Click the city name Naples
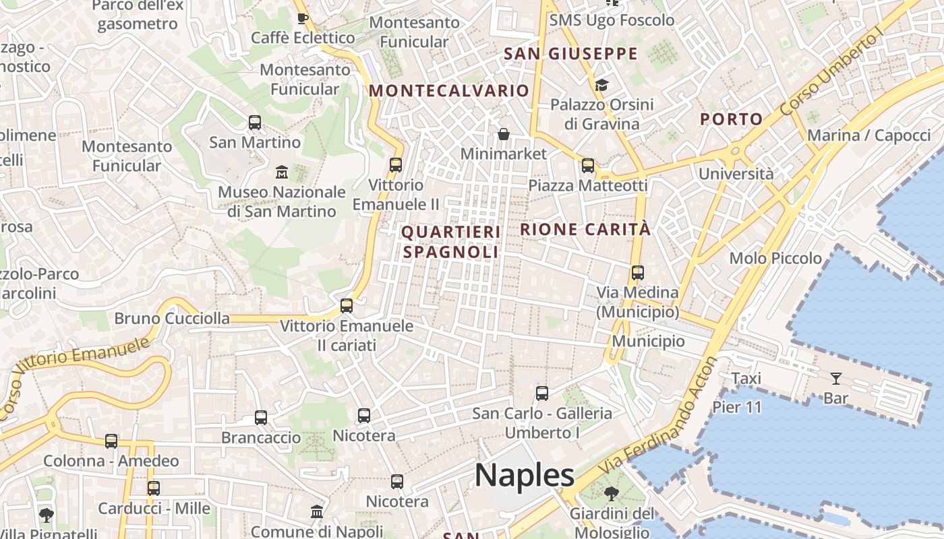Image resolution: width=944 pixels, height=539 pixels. pos(525,475)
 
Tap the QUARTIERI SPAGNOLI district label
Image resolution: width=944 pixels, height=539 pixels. pos(451,242)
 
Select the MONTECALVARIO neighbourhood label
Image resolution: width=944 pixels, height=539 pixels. pos(449,90)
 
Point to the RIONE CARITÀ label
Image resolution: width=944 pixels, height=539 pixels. pos(585,229)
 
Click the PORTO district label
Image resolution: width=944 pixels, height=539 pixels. pos(731,119)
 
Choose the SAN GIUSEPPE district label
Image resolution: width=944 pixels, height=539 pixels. pos(570,54)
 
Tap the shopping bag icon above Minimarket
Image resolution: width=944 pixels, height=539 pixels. pos(503,134)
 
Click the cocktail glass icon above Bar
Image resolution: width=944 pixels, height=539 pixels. pos(836,378)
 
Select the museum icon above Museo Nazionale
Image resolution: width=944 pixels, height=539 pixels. pos(282,172)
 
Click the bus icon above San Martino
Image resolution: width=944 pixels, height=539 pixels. pos(255,123)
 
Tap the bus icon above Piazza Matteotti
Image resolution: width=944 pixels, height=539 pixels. pos(588,165)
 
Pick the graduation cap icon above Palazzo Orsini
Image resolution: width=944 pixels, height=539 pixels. pos(601,85)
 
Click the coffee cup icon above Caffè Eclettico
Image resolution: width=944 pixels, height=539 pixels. pos(302,18)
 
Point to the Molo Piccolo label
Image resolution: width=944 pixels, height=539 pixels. pos(775,258)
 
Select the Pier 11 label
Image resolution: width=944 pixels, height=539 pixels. pos(737,407)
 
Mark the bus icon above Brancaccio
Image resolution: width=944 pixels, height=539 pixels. pos(261,418)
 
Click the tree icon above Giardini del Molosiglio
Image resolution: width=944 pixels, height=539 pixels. pos(611,494)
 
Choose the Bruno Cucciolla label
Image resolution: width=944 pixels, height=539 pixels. pos(172,318)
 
